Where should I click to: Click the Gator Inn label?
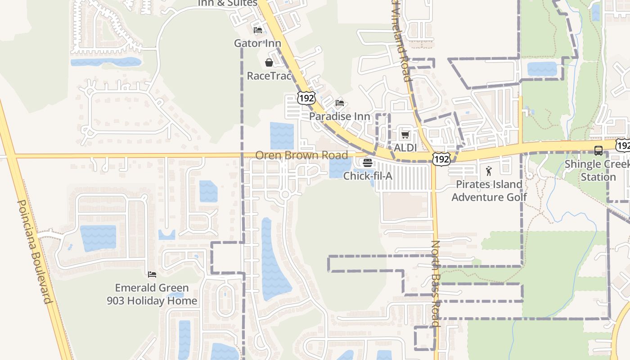pyautogui.click(x=257, y=43)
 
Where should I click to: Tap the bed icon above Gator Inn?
pyautogui.click(x=258, y=30)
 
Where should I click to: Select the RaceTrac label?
pyautogui.click(x=269, y=76)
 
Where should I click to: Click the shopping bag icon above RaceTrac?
pyautogui.click(x=269, y=63)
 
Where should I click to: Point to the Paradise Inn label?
pyautogui.click(x=340, y=116)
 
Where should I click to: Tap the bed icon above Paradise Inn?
pyautogui.click(x=340, y=103)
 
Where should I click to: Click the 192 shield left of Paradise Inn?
pyautogui.click(x=306, y=98)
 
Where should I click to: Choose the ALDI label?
pyautogui.click(x=405, y=148)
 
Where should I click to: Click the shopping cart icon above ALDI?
pyautogui.click(x=405, y=135)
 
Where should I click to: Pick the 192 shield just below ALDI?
pyautogui.click(x=441, y=159)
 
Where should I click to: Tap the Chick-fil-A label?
pyautogui.click(x=368, y=175)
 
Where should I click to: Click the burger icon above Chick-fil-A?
pyautogui.click(x=368, y=162)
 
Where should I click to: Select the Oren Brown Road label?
pyautogui.click(x=301, y=155)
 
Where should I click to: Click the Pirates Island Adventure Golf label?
pyautogui.click(x=489, y=190)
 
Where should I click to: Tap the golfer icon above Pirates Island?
pyautogui.click(x=489, y=171)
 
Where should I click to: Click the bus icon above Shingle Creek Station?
pyautogui.click(x=598, y=151)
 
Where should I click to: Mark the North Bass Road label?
pyautogui.click(x=435, y=283)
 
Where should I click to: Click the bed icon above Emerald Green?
pyautogui.click(x=152, y=274)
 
